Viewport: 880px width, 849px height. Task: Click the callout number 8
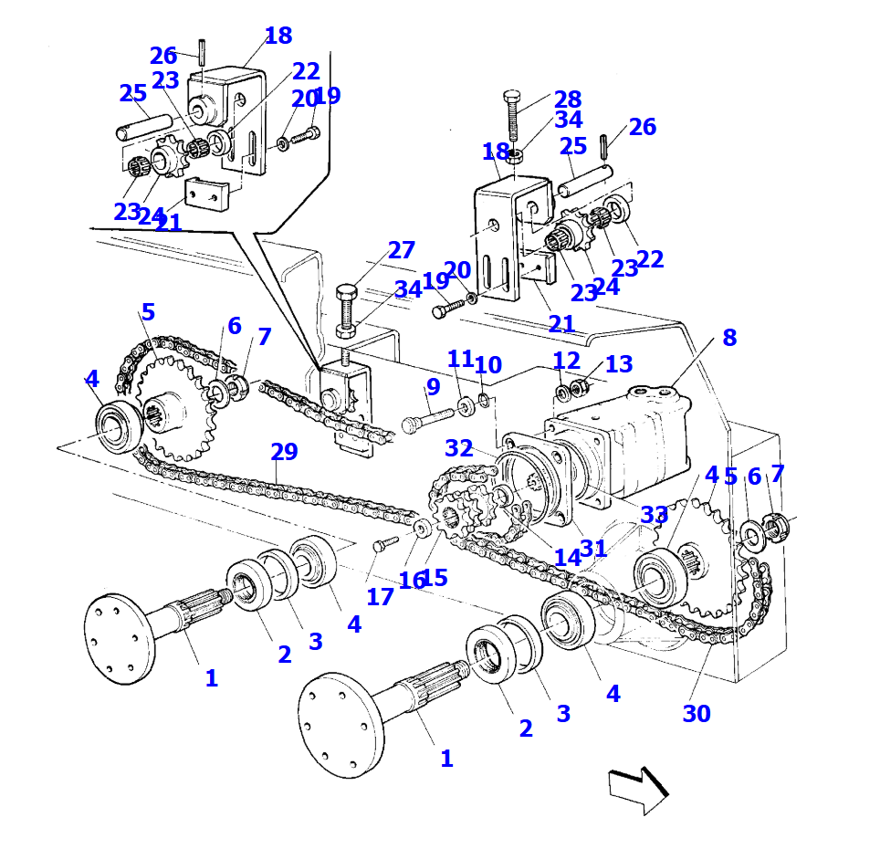728,338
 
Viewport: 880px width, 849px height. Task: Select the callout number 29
284,452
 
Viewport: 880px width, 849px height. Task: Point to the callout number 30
696,714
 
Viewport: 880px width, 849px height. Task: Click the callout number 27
401,250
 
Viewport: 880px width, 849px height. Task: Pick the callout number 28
567,100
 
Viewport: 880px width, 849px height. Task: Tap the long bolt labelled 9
426,421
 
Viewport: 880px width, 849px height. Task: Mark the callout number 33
654,515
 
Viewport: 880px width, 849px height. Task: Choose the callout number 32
459,448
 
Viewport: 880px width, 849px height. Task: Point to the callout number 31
593,549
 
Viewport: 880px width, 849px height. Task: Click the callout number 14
567,558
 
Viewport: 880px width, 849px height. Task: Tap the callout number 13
618,364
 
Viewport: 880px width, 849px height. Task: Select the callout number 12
566,362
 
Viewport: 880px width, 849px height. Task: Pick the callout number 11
460,359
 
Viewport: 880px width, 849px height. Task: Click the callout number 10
488,365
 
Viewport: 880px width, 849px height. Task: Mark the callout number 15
435,577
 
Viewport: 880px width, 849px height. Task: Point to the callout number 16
410,581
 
